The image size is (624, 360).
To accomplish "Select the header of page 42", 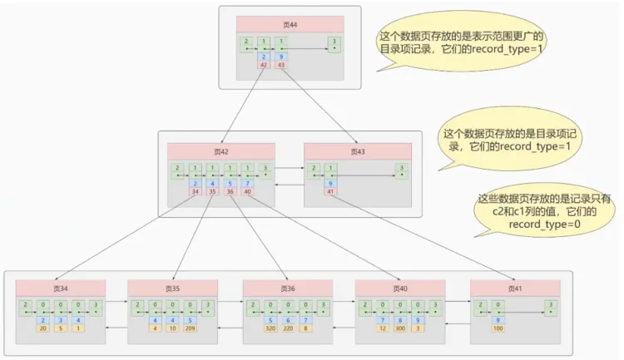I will (220, 152).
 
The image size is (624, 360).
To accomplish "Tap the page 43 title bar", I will (358, 152).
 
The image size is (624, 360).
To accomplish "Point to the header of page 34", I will (61, 288).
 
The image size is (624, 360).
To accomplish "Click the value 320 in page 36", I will (270, 328).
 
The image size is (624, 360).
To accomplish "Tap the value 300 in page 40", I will (399, 328).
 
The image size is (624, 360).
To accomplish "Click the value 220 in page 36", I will (287, 328).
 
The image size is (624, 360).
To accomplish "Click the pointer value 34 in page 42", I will (196, 192).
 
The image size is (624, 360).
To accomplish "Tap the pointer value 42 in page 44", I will (264, 65).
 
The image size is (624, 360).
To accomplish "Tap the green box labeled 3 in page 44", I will (334, 42).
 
